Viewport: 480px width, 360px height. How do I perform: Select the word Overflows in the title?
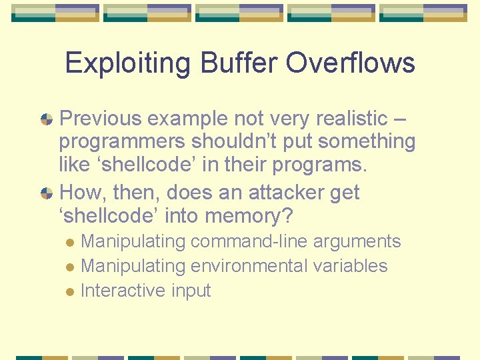tap(350, 63)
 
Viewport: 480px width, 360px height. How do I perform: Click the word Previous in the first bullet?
tap(101, 119)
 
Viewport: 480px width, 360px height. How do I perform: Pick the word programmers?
tap(123, 142)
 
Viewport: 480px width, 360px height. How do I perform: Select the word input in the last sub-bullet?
tap(191, 291)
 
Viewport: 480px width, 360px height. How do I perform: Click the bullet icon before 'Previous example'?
tap(47, 120)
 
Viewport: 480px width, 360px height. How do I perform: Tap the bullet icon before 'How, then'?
tap(47, 193)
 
